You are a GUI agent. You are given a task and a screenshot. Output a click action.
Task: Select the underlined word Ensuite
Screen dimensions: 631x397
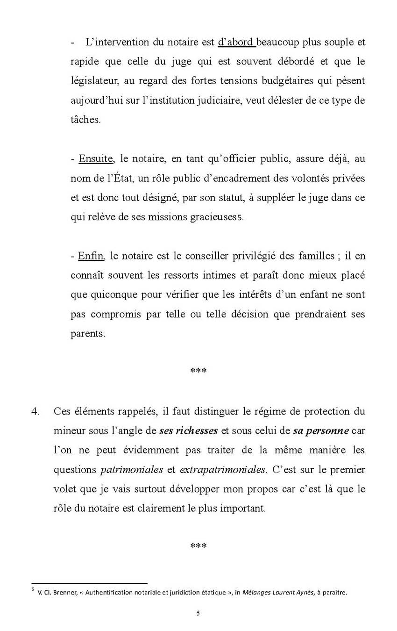click(x=96, y=158)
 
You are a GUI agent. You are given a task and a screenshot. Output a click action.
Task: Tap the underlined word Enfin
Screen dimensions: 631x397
click(x=91, y=256)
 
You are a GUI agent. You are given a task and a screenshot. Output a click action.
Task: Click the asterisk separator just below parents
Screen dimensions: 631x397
click(x=198, y=371)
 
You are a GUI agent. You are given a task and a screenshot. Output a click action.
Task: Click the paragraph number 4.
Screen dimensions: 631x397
click(x=34, y=411)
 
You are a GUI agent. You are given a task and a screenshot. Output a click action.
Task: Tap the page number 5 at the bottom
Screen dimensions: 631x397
click(x=198, y=614)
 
